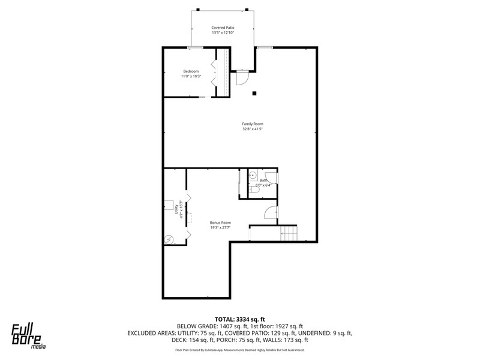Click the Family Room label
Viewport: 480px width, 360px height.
point(253,124)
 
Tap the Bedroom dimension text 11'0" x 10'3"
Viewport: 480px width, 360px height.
point(191,76)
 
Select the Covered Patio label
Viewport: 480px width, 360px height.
point(223,28)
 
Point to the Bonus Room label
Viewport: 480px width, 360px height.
point(220,223)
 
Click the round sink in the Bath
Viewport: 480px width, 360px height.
point(253,175)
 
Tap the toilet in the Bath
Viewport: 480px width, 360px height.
point(254,190)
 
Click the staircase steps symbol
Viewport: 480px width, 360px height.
point(289,233)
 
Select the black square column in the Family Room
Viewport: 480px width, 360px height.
point(254,94)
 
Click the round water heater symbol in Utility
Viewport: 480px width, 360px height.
point(169,239)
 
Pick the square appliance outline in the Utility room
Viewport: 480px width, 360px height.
point(169,205)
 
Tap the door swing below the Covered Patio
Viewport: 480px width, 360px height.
point(242,78)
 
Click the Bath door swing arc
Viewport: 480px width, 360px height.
point(274,178)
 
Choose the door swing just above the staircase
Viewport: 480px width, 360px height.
point(271,213)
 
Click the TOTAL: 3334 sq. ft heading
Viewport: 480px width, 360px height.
point(239,320)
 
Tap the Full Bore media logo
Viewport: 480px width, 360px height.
point(28,336)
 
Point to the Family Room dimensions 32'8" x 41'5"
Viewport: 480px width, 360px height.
point(253,129)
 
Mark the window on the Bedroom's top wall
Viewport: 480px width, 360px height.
point(196,48)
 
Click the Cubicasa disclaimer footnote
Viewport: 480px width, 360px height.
point(239,350)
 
